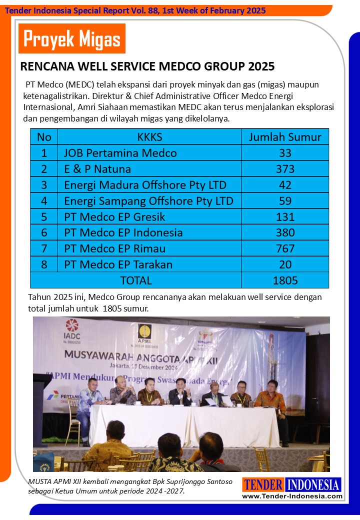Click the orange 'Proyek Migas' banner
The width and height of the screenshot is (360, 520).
pyautogui.click(x=72, y=38)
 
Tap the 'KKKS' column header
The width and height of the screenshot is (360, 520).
pyautogui.click(x=149, y=136)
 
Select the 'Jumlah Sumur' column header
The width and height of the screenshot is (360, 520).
pyautogui.click(x=285, y=136)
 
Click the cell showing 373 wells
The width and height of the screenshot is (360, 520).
pyautogui.click(x=285, y=168)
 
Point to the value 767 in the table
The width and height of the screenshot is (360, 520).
pyautogui.click(x=285, y=248)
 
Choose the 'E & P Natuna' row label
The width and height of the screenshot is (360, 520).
pyautogui.click(x=97, y=168)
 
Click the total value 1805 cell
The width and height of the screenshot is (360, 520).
pyautogui.click(x=285, y=280)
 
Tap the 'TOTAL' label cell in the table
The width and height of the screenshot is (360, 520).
pyautogui.click(x=135, y=280)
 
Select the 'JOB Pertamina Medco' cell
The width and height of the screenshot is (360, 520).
pyautogui.click(x=120, y=152)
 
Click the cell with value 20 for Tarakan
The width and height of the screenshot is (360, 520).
pyautogui.click(x=285, y=264)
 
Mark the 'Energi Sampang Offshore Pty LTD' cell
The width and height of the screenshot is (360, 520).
pyautogui.click(x=148, y=200)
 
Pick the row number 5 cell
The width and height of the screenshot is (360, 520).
pyautogui.click(x=44, y=216)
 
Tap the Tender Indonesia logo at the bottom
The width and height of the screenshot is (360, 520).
pyautogui.click(x=292, y=484)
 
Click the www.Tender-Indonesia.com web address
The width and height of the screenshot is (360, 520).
pyautogui.click(x=292, y=496)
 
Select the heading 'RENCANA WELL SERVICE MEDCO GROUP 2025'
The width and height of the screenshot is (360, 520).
pyautogui.click(x=147, y=66)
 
